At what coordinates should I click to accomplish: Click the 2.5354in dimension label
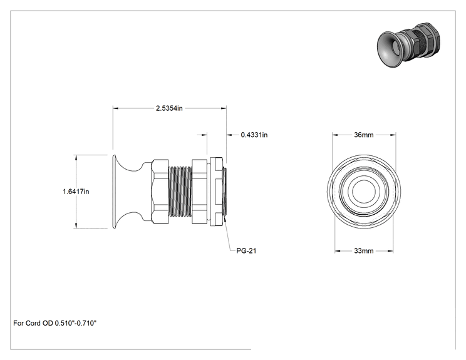coord(169,108)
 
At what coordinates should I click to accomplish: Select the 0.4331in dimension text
coord(254,135)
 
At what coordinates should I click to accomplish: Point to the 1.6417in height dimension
coord(76,192)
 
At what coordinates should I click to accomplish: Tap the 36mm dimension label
coord(364,135)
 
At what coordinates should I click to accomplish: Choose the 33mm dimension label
coord(364,251)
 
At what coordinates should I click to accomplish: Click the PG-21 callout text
coord(246,250)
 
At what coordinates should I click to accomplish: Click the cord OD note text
coord(55,323)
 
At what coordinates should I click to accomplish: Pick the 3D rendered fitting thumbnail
coord(408,44)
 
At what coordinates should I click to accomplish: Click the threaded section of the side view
coord(180,192)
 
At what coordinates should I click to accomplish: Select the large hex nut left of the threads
coord(160,192)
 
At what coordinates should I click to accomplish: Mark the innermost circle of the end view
coord(364,192)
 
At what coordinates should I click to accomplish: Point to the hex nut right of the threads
coord(199,192)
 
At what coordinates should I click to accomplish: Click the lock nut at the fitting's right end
coord(217,192)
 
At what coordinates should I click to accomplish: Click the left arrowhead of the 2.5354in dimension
coord(115,108)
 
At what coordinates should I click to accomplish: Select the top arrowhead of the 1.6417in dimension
coord(76,157)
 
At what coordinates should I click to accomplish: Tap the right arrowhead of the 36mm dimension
coord(393,135)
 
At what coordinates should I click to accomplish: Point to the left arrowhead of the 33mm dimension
coord(338,251)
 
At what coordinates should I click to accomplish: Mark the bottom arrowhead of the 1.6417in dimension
coord(76,226)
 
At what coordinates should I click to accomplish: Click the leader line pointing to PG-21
coord(228,235)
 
